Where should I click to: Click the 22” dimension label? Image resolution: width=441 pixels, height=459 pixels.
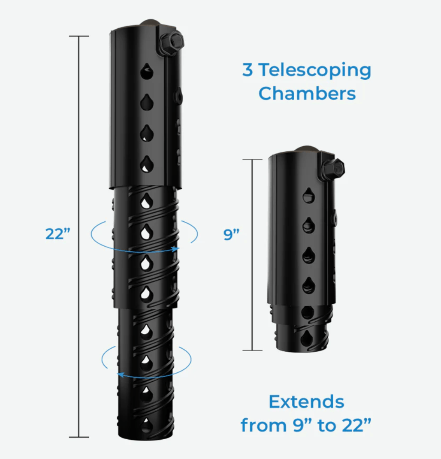coord(57,234)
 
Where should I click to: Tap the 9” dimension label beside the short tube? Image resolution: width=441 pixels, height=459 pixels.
coord(231,234)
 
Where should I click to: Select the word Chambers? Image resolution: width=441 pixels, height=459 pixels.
coord(307,94)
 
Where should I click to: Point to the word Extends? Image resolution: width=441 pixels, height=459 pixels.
coord(306,402)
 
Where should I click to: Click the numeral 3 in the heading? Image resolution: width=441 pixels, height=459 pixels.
coord(248,69)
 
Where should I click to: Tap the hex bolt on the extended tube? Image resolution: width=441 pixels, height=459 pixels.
coord(172,43)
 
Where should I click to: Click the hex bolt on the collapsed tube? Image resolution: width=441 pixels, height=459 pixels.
coord(333,169)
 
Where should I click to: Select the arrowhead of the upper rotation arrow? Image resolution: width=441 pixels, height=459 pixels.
coord(175,249)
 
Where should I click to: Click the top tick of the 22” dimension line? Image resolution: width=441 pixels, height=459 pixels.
coord(79,36)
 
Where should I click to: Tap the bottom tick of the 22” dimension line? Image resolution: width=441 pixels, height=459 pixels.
coord(79,437)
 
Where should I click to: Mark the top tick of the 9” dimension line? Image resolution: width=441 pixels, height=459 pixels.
coord(252,160)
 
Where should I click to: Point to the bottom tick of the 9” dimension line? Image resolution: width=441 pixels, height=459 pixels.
coord(252,350)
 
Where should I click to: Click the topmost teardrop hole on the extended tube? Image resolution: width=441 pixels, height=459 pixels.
coord(147,71)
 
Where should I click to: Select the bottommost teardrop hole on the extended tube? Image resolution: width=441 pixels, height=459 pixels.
coord(146,426)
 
